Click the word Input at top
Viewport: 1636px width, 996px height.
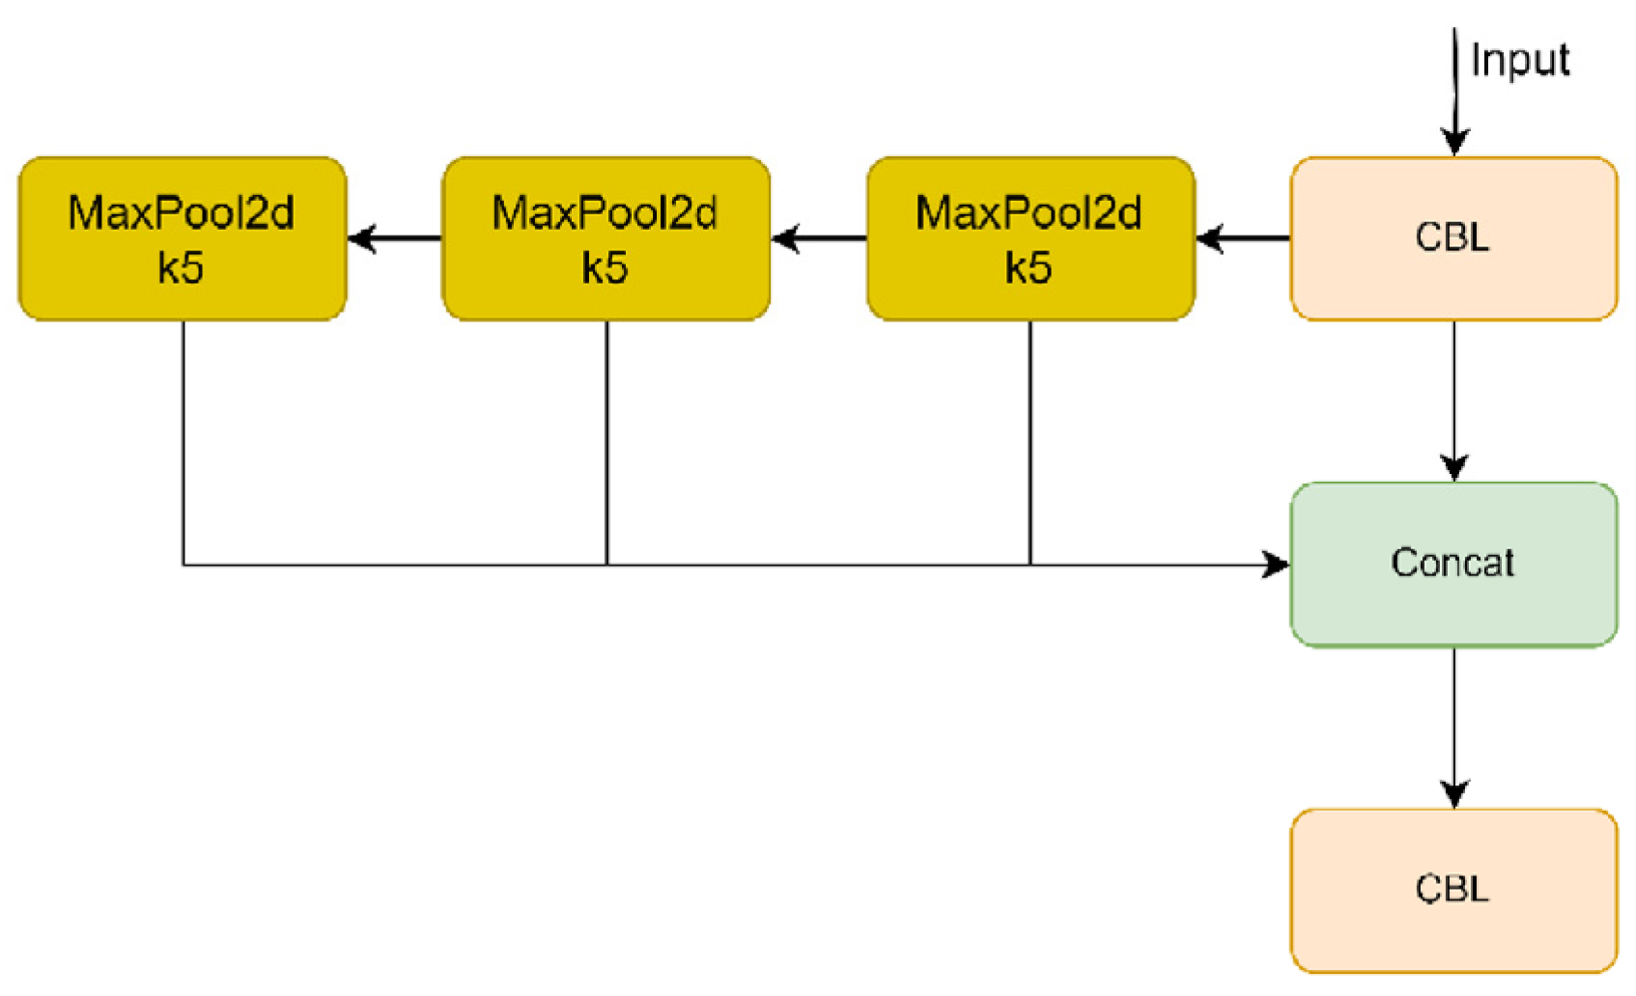coord(1519,61)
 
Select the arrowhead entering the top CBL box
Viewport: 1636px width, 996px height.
coord(1454,143)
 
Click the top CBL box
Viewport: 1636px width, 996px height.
coord(1453,238)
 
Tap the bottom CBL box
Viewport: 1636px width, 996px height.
coord(1453,889)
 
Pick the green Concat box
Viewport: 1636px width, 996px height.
coord(1453,564)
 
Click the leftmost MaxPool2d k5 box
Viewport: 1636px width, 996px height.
coord(183,238)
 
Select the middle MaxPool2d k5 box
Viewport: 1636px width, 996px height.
coord(606,238)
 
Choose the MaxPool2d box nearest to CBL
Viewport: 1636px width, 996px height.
coord(1030,238)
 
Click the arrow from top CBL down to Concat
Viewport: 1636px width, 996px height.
coord(1454,401)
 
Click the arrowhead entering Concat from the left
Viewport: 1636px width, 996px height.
coord(1277,565)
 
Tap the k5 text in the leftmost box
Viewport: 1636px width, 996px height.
coord(181,268)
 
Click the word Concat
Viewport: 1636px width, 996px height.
coord(1453,563)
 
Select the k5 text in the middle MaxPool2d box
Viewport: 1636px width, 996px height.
coord(605,268)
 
